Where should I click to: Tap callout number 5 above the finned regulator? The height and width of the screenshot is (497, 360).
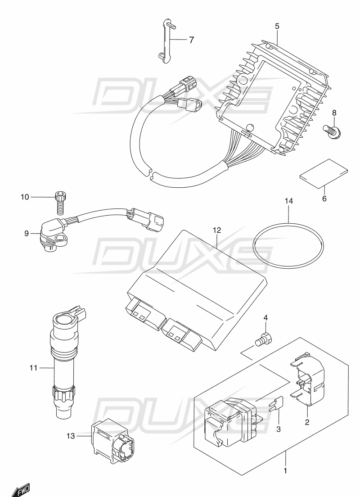(277, 27)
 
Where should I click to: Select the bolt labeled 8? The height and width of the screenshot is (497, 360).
(333, 131)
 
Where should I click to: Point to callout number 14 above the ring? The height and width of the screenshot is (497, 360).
(288, 201)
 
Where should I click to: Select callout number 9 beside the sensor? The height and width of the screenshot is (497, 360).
(27, 233)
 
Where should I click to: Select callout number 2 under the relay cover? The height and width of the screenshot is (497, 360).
(307, 422)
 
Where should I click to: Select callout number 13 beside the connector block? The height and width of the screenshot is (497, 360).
(69, 435)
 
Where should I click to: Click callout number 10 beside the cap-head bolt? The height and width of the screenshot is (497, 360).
(24, 197)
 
